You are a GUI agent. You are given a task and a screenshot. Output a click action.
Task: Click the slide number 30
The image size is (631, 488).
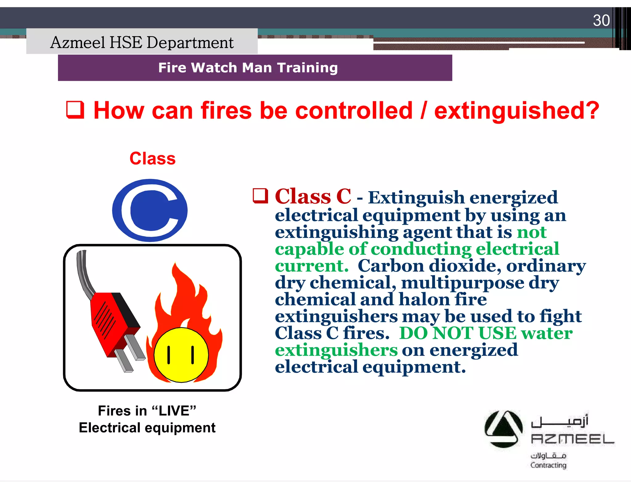pos(601,20)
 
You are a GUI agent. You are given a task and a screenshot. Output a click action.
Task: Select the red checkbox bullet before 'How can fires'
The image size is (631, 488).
pos(75,110)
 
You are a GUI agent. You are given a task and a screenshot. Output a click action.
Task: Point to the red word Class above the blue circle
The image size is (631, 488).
pos(152,159)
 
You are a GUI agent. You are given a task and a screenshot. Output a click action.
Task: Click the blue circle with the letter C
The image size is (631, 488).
pos(150,210)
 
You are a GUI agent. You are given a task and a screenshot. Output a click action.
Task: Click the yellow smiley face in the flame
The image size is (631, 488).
pos(181,355)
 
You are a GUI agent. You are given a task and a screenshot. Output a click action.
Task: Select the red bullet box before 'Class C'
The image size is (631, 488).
pos(260,196)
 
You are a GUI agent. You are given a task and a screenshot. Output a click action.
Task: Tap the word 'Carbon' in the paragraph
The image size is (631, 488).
pos(391,266)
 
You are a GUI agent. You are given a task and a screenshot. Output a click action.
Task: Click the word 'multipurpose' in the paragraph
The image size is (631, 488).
pos(462,283)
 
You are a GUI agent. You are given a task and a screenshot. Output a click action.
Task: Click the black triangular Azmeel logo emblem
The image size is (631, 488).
pos(503,429)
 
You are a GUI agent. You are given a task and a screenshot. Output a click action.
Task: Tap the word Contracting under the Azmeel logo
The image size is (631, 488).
pos(548,465)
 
